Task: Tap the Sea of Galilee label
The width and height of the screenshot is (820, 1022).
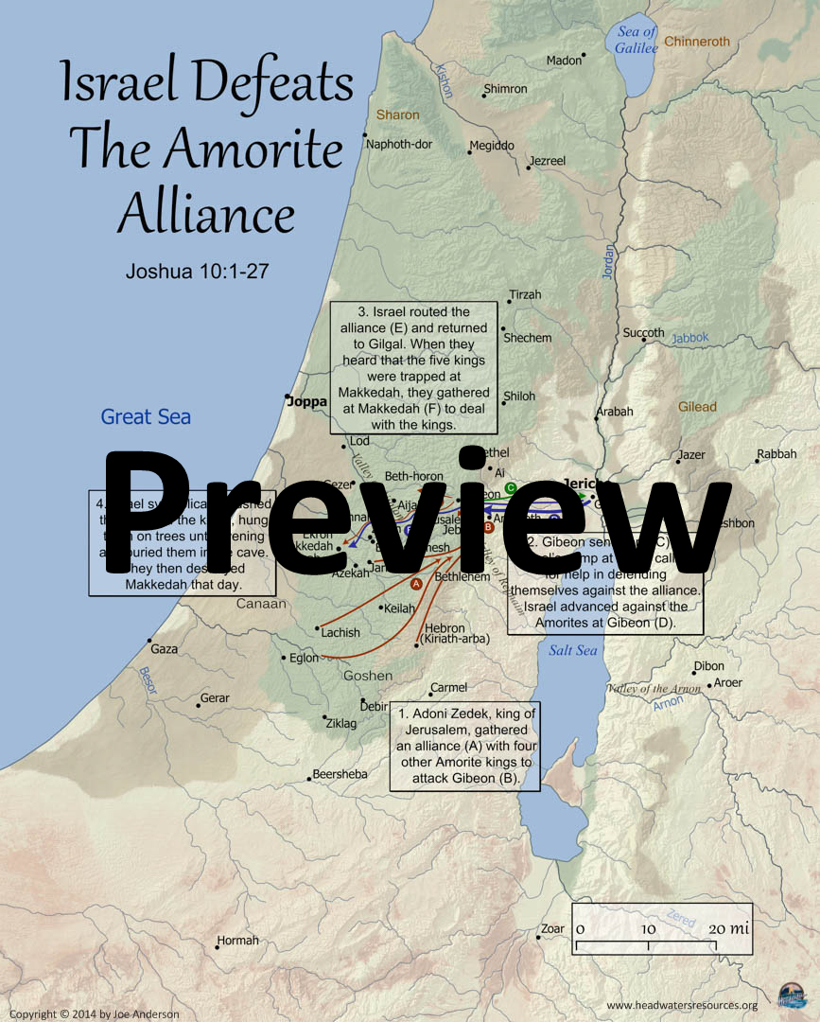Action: (636, 40)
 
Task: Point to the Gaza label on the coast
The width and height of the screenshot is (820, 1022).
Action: (164, 649)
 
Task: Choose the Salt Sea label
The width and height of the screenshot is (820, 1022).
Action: (573, 650)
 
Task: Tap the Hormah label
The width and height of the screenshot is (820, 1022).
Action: (237, 941)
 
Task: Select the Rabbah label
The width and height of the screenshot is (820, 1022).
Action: (777, 454)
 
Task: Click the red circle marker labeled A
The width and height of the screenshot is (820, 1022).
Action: (416, 584)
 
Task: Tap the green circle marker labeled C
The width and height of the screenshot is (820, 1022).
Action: (510, 488)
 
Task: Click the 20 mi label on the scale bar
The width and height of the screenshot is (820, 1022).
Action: (728, 928)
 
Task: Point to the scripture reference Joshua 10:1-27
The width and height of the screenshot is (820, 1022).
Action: (198, 272)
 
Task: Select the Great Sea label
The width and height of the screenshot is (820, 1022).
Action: (146, 416)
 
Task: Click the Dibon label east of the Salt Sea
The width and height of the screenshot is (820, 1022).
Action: (709, 666)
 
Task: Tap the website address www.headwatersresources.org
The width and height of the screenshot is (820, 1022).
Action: (681, 1005)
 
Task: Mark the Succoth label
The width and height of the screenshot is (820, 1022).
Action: (643, 333)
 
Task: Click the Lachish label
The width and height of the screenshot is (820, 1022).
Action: (340, 632)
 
